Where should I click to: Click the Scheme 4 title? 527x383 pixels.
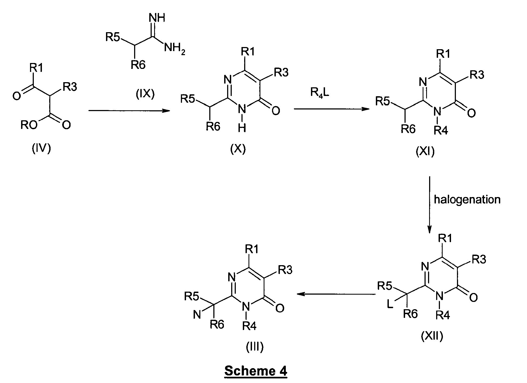256,371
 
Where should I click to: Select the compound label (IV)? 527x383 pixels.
41,149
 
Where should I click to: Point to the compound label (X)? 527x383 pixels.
238,149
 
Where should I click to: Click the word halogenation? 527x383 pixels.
467,199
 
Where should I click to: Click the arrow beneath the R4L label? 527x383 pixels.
332,109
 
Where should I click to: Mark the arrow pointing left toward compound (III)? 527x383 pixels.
337,294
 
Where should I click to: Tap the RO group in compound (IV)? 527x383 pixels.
29,125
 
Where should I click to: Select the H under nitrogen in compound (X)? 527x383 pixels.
242,128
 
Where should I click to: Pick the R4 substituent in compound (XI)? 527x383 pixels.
441,131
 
